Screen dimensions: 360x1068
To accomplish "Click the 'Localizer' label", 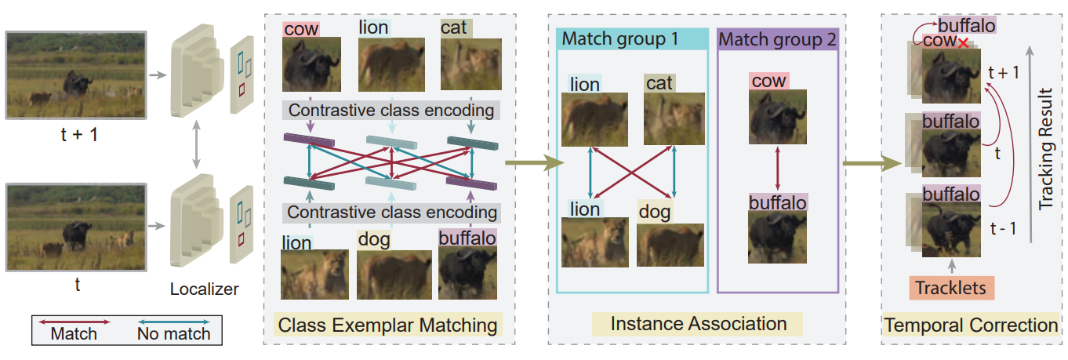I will coord(204,289).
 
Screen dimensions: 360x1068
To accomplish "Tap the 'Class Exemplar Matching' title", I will coord(387,325).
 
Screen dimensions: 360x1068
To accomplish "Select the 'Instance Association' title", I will coord(698,323).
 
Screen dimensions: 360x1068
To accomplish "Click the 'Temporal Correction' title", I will coord(971,325).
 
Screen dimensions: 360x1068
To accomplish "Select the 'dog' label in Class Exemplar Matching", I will coord(373,238).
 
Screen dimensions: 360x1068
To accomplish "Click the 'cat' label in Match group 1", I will coord(659,82).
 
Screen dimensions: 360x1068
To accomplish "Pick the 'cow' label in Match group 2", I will coord(768,81).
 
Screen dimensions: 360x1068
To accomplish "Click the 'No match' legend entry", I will coord(174,333).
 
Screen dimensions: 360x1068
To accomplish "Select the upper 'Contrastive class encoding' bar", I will coord(391,111).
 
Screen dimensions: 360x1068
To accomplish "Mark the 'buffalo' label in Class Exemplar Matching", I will coord(467,238).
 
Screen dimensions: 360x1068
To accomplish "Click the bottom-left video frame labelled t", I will coord(76,227).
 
